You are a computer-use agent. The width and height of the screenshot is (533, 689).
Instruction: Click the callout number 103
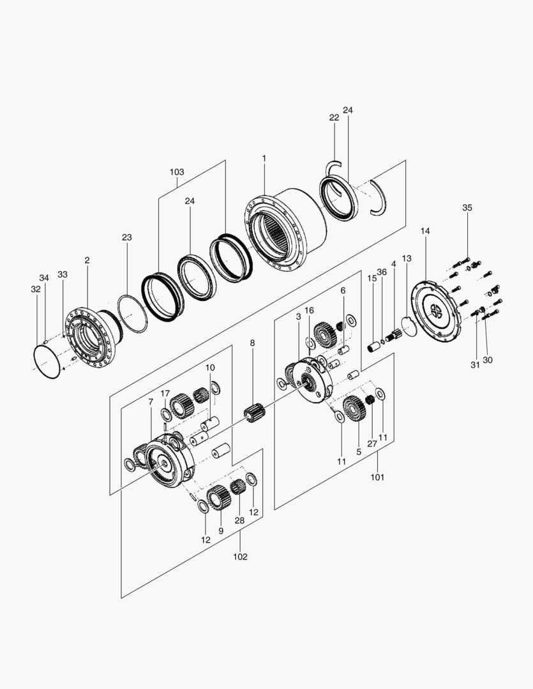pyautogui.click(x=177, y=172)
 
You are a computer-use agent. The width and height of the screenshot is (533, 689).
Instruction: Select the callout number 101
pyautogui.click(x=377, y=477)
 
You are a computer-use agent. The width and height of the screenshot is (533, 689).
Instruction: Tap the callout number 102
pyautogui.click(x=240, y=556)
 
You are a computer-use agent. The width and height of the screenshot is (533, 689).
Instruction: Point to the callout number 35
pyautogui.click(x=467, y=208)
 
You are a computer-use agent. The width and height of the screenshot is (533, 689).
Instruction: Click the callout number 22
pyautogui.click(x=334, y=117)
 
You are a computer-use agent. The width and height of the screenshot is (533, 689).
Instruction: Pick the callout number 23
pyautogui.click(x=127, y=237)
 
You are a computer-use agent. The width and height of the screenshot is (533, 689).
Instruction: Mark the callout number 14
pyautogui.click(x=425, y=230)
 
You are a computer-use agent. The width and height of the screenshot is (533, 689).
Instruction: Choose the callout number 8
pyautogui.click(x=252, y=343)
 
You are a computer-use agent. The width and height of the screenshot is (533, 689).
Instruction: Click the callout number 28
pyautogui.click(x=239, y=521)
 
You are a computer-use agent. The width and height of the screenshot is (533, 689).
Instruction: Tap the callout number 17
pyautogui.click(x=165, y=393)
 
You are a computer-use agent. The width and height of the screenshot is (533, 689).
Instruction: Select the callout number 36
pyautogui.click(x=382, y=272)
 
